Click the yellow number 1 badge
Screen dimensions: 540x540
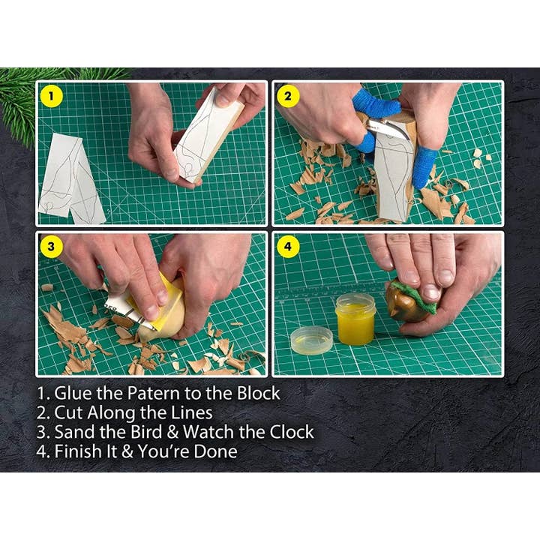tap(51, 96)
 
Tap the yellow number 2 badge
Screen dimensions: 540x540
tap(288, 96)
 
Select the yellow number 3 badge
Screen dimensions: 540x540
tap(51, 247)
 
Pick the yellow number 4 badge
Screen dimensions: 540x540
tap(288, 247)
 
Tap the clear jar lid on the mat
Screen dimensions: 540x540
tap(311, 340)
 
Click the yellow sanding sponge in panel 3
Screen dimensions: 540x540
tap(171, 304)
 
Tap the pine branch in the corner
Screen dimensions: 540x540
tap(22, 97)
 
